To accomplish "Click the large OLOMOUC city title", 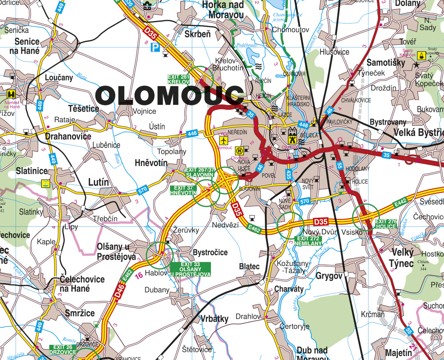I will coord(170,95).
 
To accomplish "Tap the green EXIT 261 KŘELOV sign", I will coord(178,79).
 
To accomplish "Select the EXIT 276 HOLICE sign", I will coord(386,224).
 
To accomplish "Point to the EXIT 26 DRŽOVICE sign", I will coord(63,349).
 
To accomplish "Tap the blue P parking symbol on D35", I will coord(155,47).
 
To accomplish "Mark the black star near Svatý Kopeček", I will coord(416,65).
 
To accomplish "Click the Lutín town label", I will coord(99,182).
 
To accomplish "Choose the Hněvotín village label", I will coord(151,163).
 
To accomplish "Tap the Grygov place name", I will coord(329,276).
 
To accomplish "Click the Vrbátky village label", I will coord(214,318).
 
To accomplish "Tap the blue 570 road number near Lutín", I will coord(142,190).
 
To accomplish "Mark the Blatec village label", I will coord(249,266).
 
